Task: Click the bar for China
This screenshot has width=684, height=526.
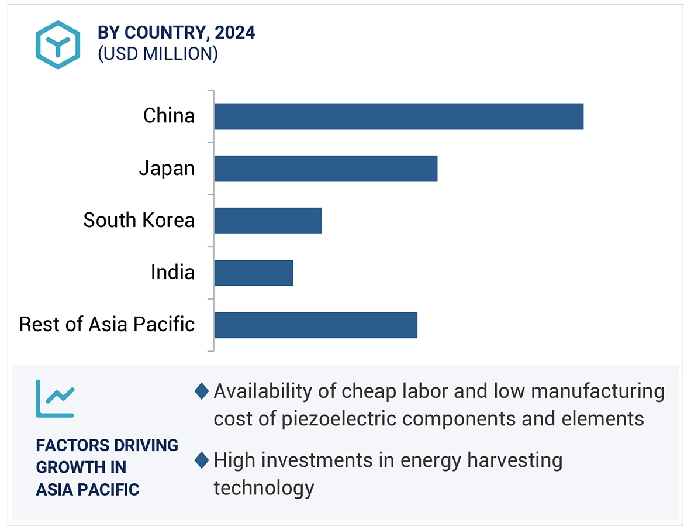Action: [x=398, y=116]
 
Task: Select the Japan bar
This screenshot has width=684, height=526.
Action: [x=325, y=169]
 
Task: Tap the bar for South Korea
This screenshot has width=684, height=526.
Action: [x=267, y=221]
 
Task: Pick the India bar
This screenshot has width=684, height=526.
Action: [x=253, y=273]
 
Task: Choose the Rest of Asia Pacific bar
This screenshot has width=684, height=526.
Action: [x=315, y=325]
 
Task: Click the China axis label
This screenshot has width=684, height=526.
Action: [x=169, y=116]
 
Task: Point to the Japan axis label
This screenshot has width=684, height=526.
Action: [x=167, y=169]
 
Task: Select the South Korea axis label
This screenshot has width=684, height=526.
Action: [x=139, y=221]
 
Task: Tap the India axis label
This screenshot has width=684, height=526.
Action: [x=172, y=273]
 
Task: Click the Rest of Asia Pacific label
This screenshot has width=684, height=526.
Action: [x=106, y=324]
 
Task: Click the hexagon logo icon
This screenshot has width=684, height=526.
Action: [x=57, y=45]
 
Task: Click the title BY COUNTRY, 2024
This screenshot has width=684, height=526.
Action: [x=176, y=33]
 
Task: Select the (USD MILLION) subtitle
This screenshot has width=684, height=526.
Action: [x=158, y=54]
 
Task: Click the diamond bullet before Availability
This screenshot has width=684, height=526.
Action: [x=202, y=391]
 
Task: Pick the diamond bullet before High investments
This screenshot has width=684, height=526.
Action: [x=202, y=460]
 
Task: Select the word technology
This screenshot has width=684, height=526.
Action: [x=264, y=487]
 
